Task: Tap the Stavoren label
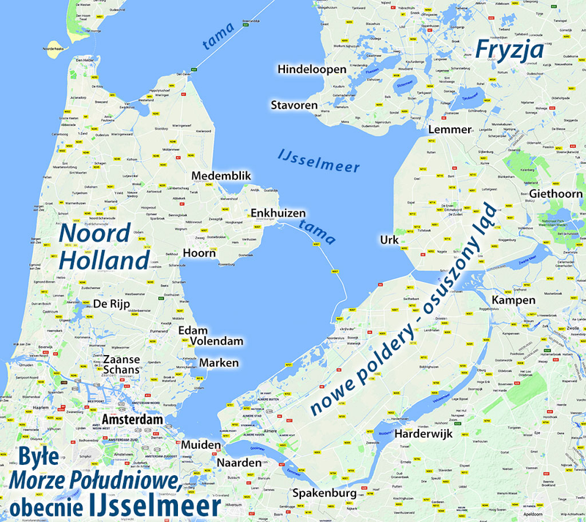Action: (294, 105)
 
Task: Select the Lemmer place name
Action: (450, 130)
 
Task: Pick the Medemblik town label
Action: (221, 176)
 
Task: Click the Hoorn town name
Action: (201, 253)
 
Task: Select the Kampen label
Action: (514, 301)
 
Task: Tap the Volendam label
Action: (215, 342)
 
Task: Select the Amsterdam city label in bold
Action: (133, 419)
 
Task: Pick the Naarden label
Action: (239, 463)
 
